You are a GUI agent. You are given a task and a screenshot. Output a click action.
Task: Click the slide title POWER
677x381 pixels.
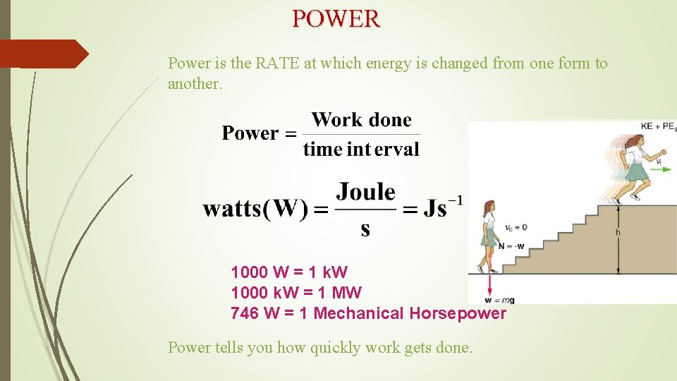(x=336, y=18)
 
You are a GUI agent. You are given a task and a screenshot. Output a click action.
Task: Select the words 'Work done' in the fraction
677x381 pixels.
(x=361, y=120)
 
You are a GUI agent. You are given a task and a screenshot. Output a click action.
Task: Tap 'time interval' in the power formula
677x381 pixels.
(x=361, y=150)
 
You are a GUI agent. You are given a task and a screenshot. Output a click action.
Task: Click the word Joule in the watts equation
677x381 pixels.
(x=365, y=192)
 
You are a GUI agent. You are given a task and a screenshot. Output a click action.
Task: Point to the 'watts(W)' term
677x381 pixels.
(x=255, y=209)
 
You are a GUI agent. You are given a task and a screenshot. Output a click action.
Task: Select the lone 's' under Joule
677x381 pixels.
(x=365, y=229)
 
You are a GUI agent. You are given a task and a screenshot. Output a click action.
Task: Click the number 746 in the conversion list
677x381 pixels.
(x=245, y=313)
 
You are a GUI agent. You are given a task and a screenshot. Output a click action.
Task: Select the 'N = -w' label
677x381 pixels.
(x=511, y=246)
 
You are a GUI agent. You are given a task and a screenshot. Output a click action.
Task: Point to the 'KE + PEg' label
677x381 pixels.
(x=657, y=126)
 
